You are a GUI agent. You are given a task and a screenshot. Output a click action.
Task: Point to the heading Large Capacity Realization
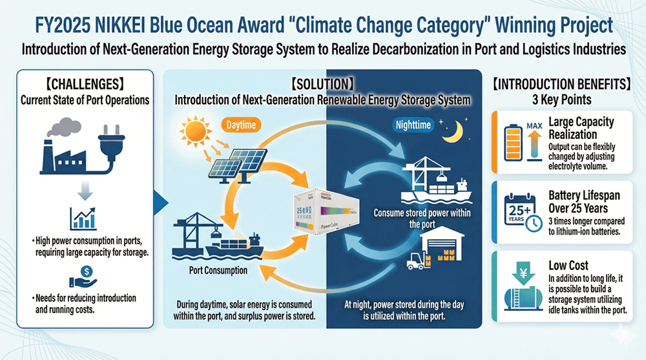point(581,127)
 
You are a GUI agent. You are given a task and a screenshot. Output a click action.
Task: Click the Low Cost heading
point(568,265)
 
